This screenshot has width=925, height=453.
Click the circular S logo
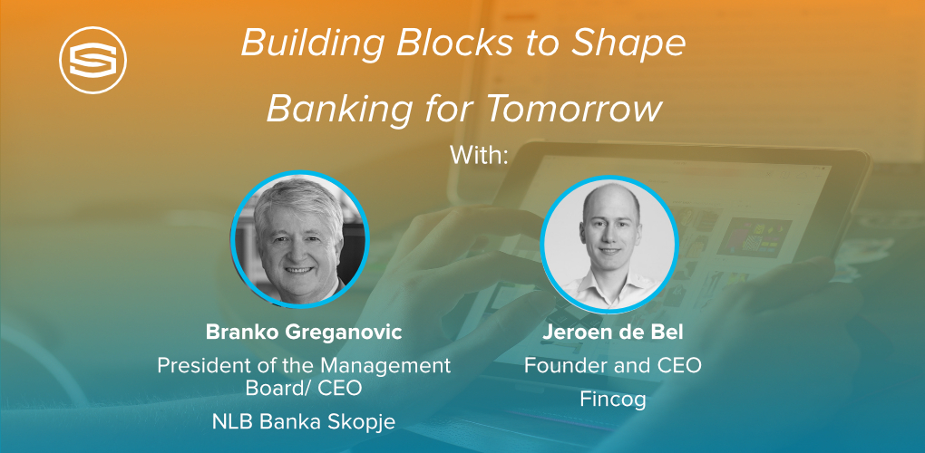92,60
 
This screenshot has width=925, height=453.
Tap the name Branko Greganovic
304,333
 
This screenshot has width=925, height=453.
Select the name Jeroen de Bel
612,333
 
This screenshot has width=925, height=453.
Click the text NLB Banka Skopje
304,422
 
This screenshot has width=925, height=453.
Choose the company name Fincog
613,400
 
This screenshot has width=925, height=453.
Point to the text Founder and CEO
613,366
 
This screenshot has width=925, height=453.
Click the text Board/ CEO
303,389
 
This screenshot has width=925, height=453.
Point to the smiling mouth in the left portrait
299,270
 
